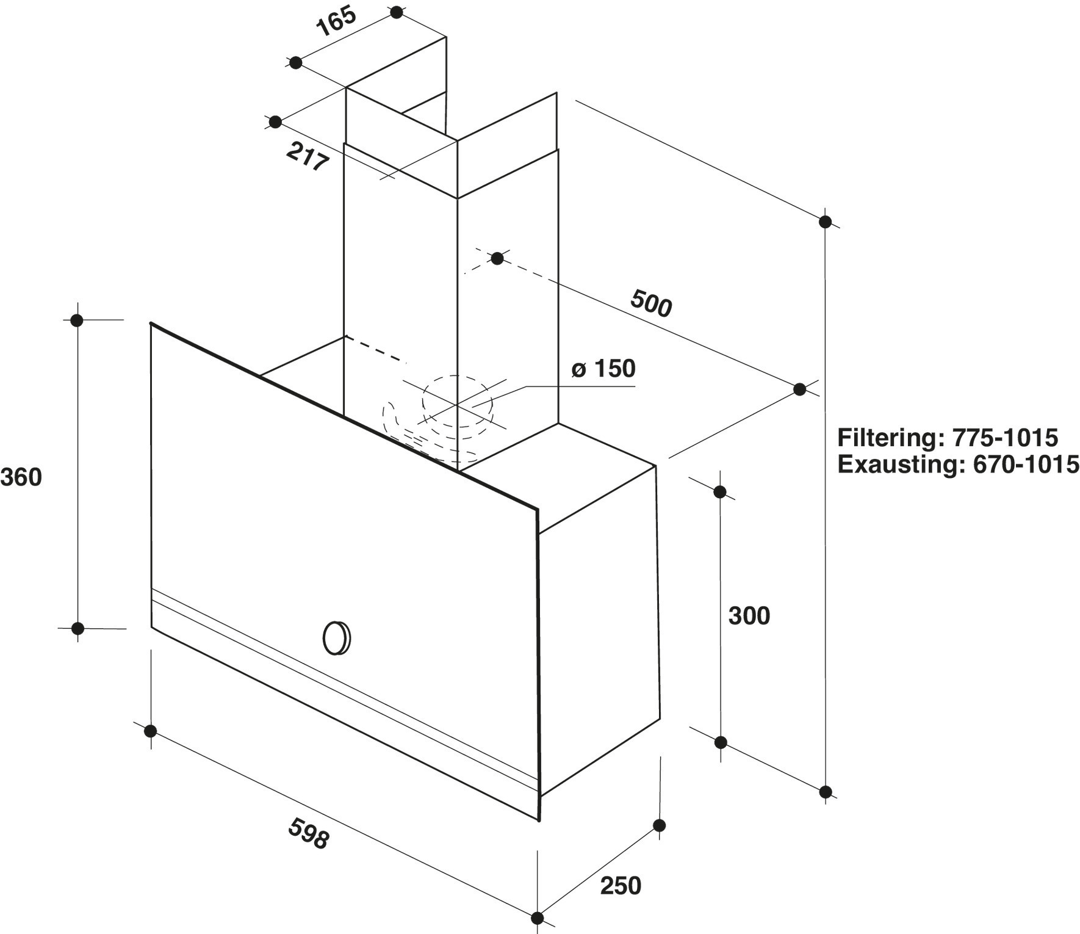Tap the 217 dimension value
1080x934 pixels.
tap(308, 157)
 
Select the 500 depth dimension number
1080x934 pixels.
tap(651, 303)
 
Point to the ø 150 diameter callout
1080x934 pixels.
tap(603, 369)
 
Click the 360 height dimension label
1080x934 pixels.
tap(21, 477)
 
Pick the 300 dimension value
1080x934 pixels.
tap(749, 616)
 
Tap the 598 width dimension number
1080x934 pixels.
tap(309, 834)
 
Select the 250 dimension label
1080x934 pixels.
tap(621, 886)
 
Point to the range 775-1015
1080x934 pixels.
tap(1005, 438)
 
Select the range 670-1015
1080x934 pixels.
tap(1026, 465)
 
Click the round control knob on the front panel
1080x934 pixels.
tap(336, 639)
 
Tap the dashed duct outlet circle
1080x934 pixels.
tap(456, 401)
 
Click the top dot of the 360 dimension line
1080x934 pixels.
tap(77, 320)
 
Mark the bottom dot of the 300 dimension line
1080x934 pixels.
tap(721, 743)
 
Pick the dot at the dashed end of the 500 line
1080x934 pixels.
tap(497, 258)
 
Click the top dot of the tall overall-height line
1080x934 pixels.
tap(826, 222)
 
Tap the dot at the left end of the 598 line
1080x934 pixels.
tap(150, 731)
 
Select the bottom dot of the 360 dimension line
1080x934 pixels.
tap(77, 628)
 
